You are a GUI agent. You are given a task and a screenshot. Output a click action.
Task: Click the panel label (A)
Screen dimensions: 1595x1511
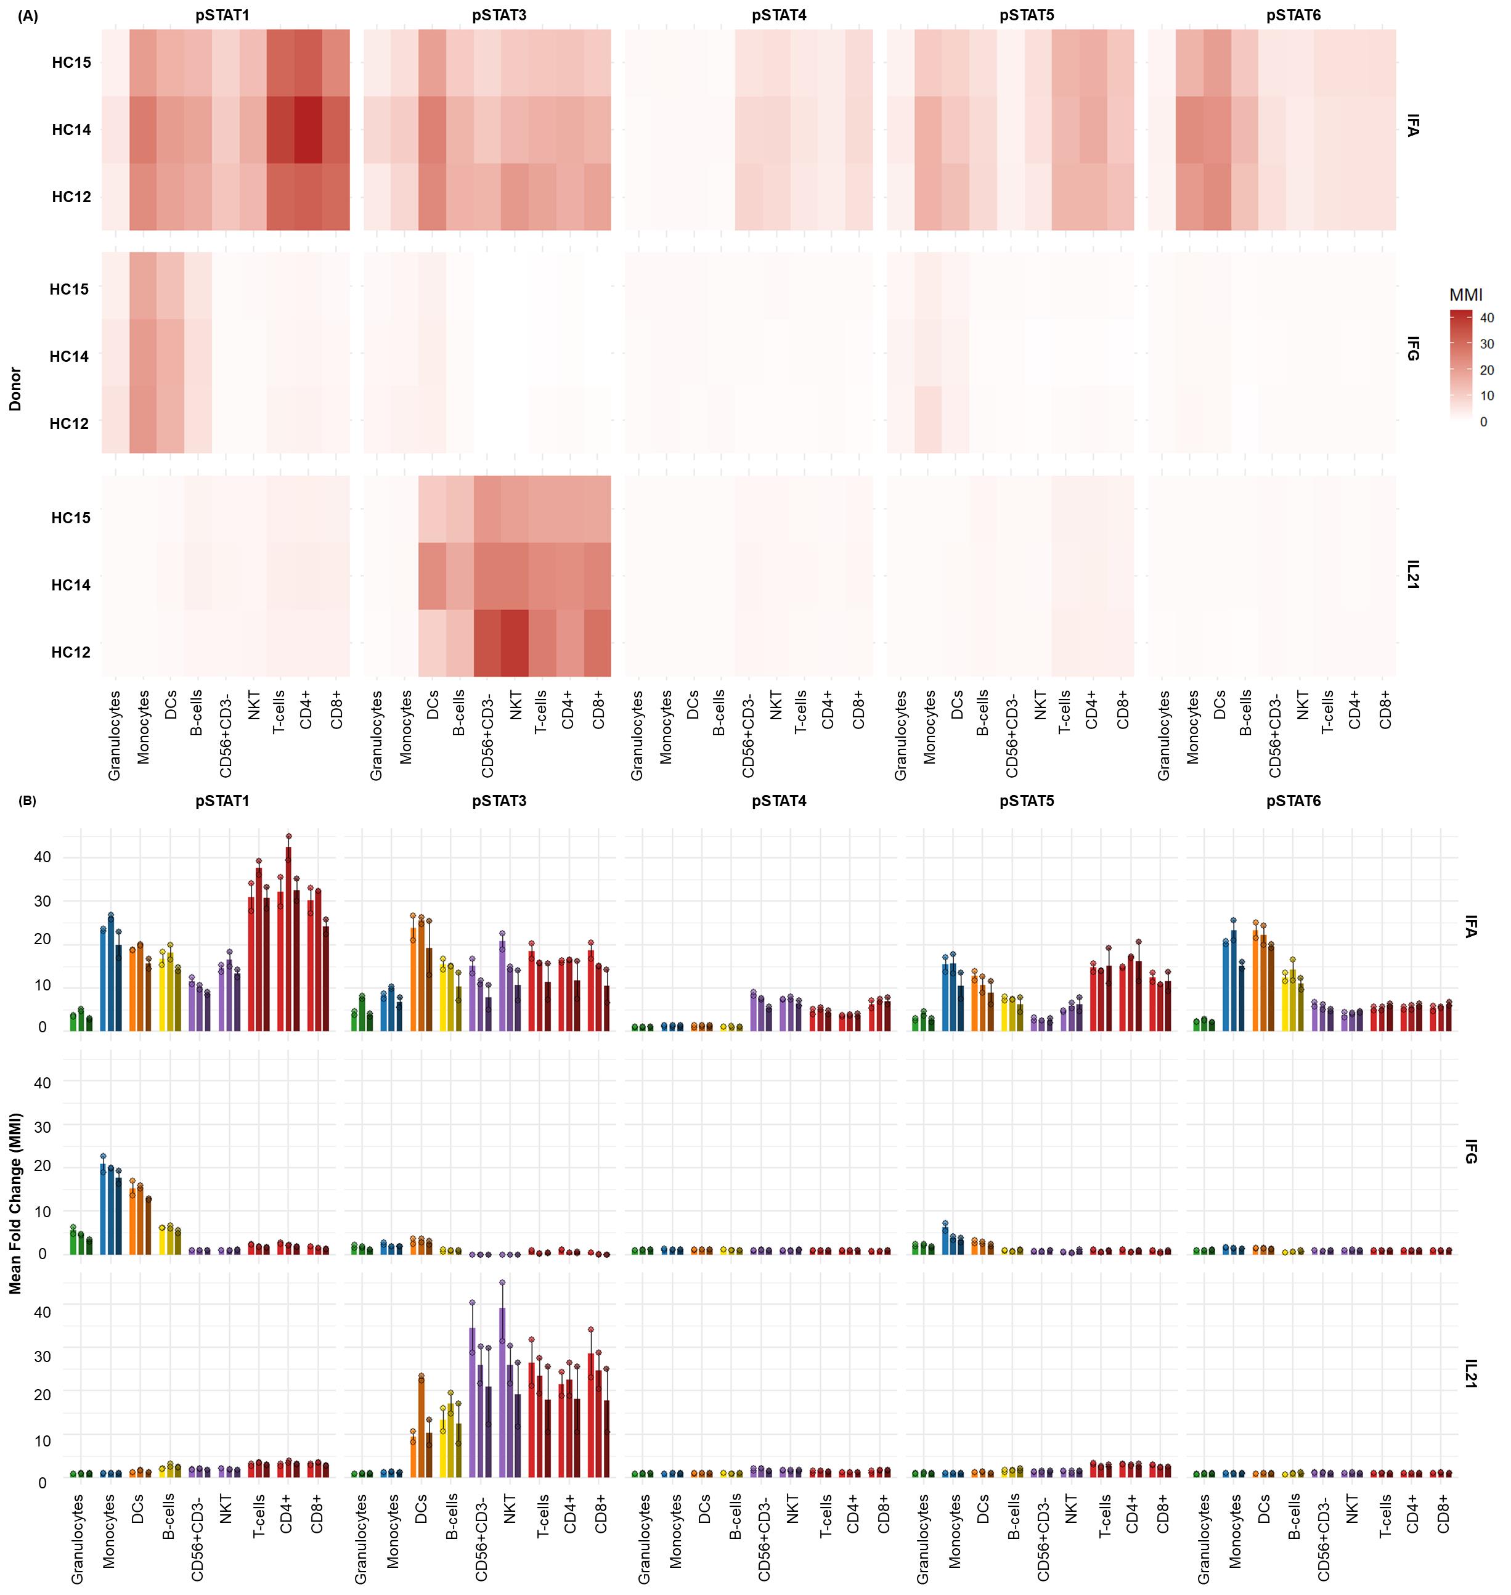coord(26,15)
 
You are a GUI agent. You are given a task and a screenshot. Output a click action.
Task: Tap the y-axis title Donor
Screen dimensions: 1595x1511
coord(15,389)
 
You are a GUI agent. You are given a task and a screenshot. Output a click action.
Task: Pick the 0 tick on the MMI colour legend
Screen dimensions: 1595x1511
coord(1484,422)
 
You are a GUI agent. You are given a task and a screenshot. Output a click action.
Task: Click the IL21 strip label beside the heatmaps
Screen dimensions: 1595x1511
coord(1411,577)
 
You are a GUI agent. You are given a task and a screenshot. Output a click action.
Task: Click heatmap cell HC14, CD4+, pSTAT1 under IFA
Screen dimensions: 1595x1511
coord(309,129)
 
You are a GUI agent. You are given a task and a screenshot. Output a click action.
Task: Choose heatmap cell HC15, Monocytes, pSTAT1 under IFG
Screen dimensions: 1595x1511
coord(144,286)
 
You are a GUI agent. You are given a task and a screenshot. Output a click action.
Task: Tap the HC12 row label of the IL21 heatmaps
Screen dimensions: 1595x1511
coord(71,651)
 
